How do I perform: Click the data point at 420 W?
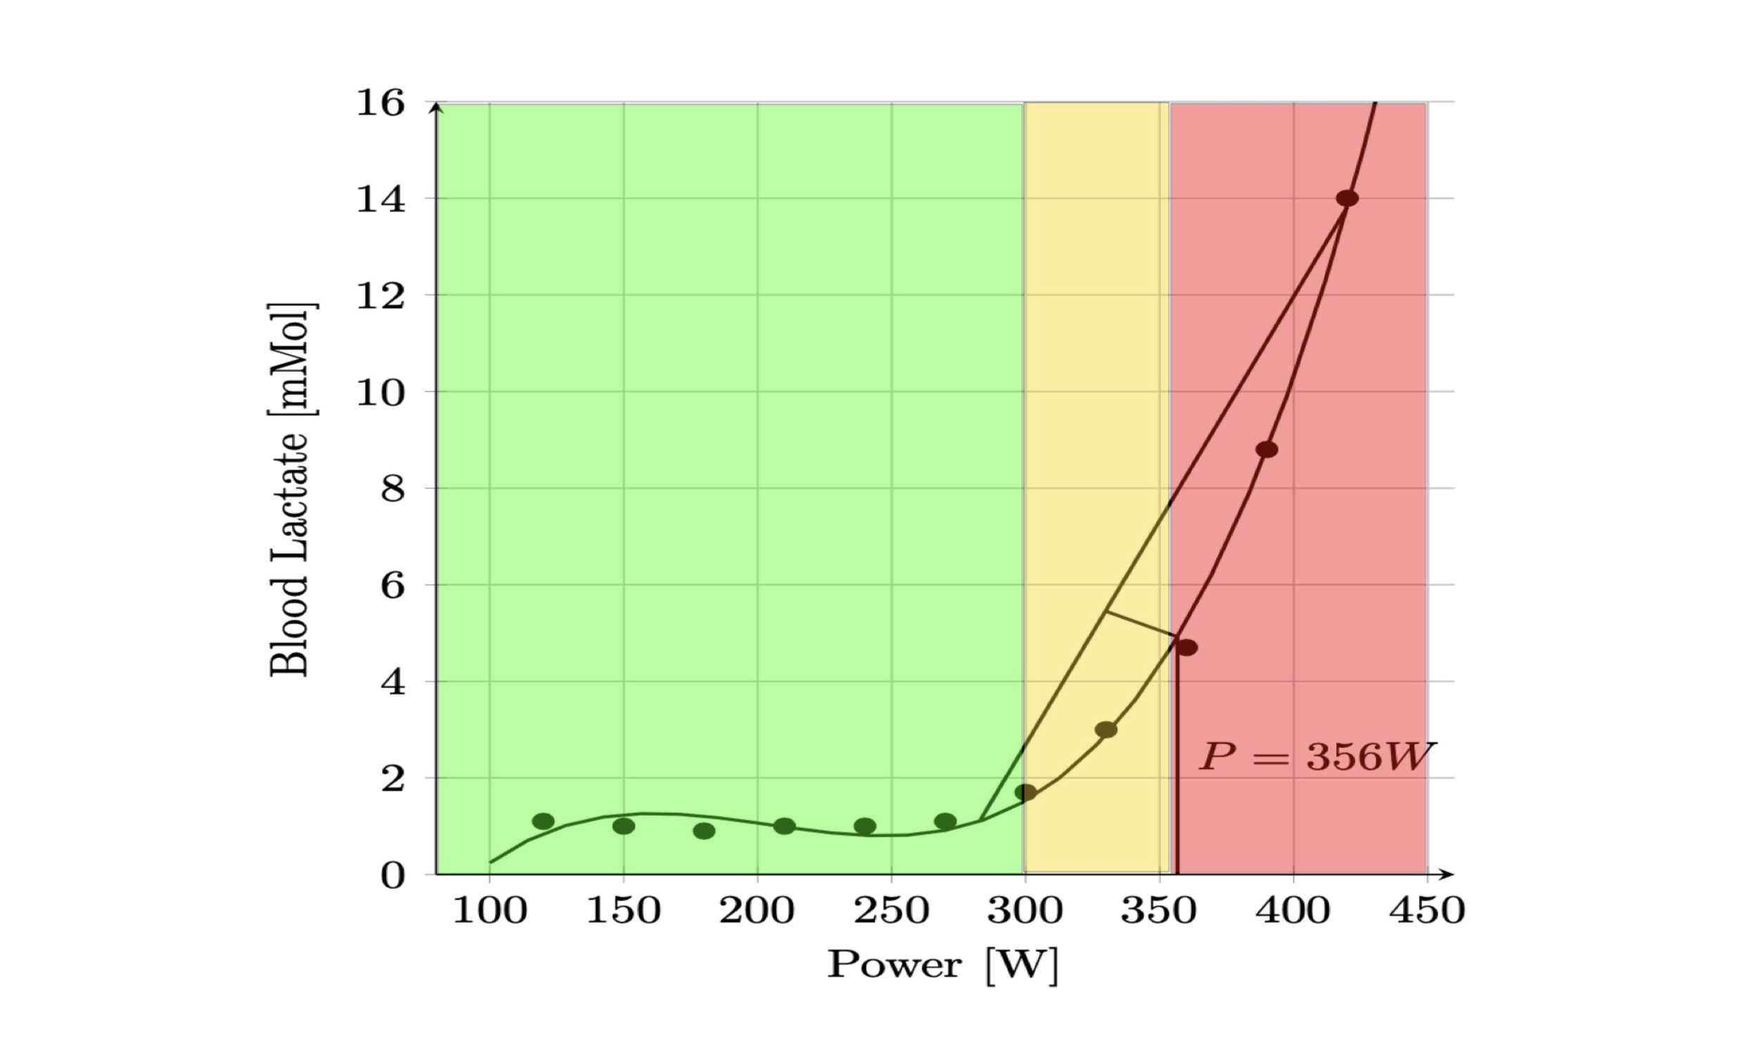(1347, 199)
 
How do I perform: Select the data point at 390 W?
(1266, 450)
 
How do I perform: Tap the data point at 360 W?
(1186, 648)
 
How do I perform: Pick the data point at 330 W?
(1105, 729)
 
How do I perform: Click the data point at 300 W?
(1025, 792)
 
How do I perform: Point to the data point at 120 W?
(544, 821)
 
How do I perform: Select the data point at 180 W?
(703, 830)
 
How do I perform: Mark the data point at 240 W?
(864, 826)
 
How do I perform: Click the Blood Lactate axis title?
(290, 490)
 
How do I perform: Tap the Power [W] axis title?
(943, 965)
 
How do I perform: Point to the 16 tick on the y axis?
(380, 103)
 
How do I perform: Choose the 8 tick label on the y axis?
(392, 489)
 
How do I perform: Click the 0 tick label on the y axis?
(392, 875)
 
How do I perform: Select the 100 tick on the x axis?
(490, 911)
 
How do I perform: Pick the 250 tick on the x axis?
(892, 911)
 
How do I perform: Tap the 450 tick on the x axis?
(1427, 911)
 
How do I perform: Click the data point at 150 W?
(624, 826)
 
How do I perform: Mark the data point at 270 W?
(945, 821)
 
